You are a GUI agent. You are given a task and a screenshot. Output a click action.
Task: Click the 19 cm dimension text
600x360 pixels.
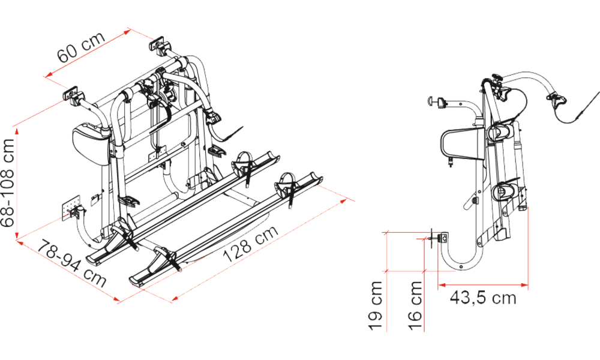point(376,305)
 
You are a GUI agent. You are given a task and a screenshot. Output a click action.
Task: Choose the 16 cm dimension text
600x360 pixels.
point(415,305)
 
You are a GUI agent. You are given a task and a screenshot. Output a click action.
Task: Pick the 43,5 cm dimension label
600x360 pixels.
point(483,298)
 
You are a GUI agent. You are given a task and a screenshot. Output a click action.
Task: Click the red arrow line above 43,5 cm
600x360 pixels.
point(483,284)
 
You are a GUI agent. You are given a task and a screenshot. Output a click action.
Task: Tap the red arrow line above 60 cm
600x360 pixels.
point(88,55)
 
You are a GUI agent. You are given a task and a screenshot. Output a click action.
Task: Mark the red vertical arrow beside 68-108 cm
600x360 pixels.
point(17,184)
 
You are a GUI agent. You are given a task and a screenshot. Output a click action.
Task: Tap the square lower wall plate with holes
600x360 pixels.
point(71,209)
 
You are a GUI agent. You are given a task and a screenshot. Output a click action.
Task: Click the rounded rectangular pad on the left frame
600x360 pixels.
point(90,145)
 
